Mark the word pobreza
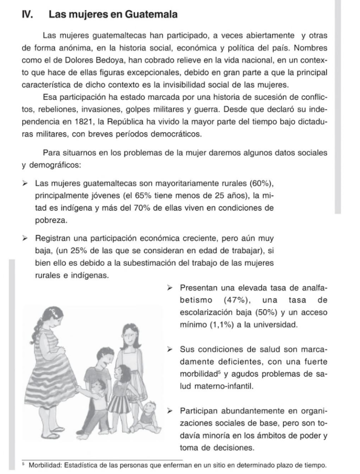(x=51, y=220)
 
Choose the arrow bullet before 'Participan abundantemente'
(x=170, y=411)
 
